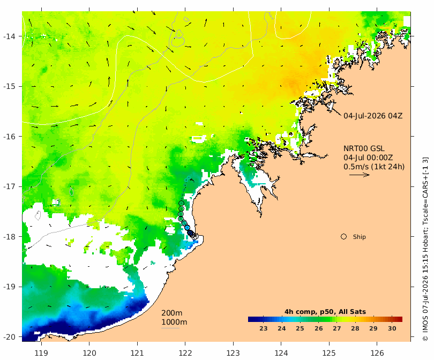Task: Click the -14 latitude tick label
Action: pyautogui.click(x=10, y=36)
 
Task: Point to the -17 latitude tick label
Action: pyautogui.click(x=10, y=186)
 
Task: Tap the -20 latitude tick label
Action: pyautogui.click(x=10, y=337)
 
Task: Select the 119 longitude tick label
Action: pyautogui.click(x=41, y=353)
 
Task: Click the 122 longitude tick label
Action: pyautogui.click(x=185, y=353)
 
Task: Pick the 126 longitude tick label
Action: pyautogui.click(x=377, y=353)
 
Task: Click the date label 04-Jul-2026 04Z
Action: pyautogui.click(x=373, y=116)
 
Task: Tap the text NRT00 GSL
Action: pyautogui.click(x=364, y=148)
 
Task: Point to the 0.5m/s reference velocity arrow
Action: pyautogui.click(x=360, y=175)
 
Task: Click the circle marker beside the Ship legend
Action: pyautogui.click(x=343, y=237)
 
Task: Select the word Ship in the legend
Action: pyautogui.click(x=360, y=237)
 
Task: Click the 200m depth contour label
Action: pyautogui.click(x=172, y=313)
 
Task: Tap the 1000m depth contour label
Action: pyautogui.click(x=174, y=322)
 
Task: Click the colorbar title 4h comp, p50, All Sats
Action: pyautogui.click(x=325, y=312)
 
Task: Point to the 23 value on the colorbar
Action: pyautogui.click(x=264, y=328)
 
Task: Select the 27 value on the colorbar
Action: pyautogui.click(x=337, y=328)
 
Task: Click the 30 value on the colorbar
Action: pyautogui.click(x=392, y=328)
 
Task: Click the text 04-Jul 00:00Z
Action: pyautogui.click(x=368, y=157)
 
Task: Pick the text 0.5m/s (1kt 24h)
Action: pyautogui.click(x=374, y=167)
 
